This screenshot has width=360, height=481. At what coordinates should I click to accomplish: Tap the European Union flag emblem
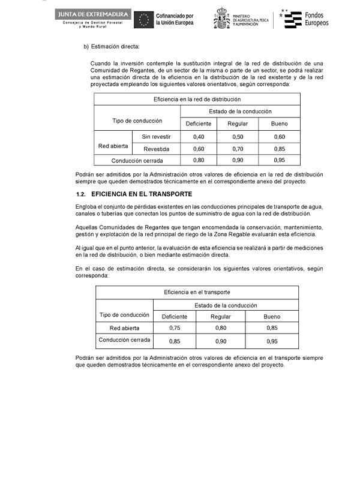143,20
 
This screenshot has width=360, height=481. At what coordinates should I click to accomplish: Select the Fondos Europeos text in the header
317,19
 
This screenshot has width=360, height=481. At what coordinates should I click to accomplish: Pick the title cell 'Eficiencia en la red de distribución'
197,98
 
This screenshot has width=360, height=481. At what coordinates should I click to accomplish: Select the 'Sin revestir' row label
156,137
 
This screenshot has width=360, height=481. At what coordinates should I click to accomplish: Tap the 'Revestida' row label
156,149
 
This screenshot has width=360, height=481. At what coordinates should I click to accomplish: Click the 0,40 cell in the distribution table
199,137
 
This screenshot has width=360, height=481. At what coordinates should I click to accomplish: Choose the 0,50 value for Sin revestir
238,137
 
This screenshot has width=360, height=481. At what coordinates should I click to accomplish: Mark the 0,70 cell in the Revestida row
238,149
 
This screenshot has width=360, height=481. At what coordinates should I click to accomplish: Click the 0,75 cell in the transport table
175,327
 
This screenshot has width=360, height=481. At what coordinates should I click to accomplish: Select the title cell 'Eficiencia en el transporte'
197,292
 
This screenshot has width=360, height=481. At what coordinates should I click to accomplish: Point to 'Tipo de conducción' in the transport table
124,315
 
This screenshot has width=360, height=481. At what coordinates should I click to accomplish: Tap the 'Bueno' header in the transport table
271,316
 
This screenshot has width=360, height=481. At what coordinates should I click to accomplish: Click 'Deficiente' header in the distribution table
199,124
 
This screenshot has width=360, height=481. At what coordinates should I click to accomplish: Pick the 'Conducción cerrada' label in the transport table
124,341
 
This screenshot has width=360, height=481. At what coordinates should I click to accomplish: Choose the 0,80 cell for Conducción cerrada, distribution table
199,160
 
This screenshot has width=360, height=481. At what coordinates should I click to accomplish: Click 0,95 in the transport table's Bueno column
271,341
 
